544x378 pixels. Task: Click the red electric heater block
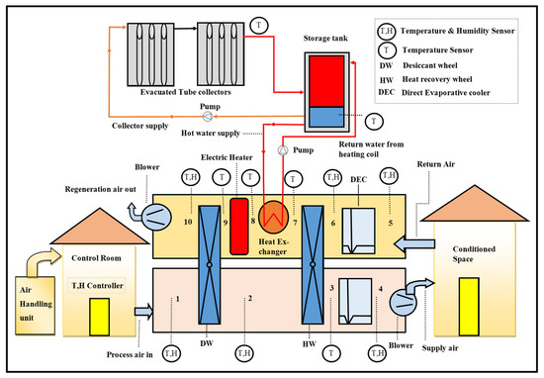(x=239, y=227)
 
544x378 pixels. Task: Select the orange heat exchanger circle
(x=273, y=218)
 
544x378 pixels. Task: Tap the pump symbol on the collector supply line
(x=207, y=117)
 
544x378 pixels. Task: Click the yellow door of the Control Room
(x=100, y=317)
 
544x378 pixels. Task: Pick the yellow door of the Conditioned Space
(x=469, y=307)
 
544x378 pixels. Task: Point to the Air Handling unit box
(x=35, y=306)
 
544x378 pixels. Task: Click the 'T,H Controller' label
(x=97, y=286)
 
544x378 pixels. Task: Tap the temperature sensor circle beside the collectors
(x=258, y=26)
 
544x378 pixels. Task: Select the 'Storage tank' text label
(x=325, y=39)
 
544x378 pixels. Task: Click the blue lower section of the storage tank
(x=326, y=117)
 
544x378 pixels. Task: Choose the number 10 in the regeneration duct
(x=188, y=222)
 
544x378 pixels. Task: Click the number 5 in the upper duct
(x=391, y=223)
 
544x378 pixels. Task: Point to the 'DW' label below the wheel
(x=207, y=343)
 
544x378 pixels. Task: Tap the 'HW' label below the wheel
(x=310, y=344)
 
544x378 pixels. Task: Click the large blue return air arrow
(x=415, y=243)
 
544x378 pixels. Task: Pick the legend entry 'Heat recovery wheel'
(x=437, y=79)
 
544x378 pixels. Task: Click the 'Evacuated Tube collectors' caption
(x=186, y=92)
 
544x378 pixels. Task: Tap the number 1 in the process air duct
(x=178, y=299)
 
